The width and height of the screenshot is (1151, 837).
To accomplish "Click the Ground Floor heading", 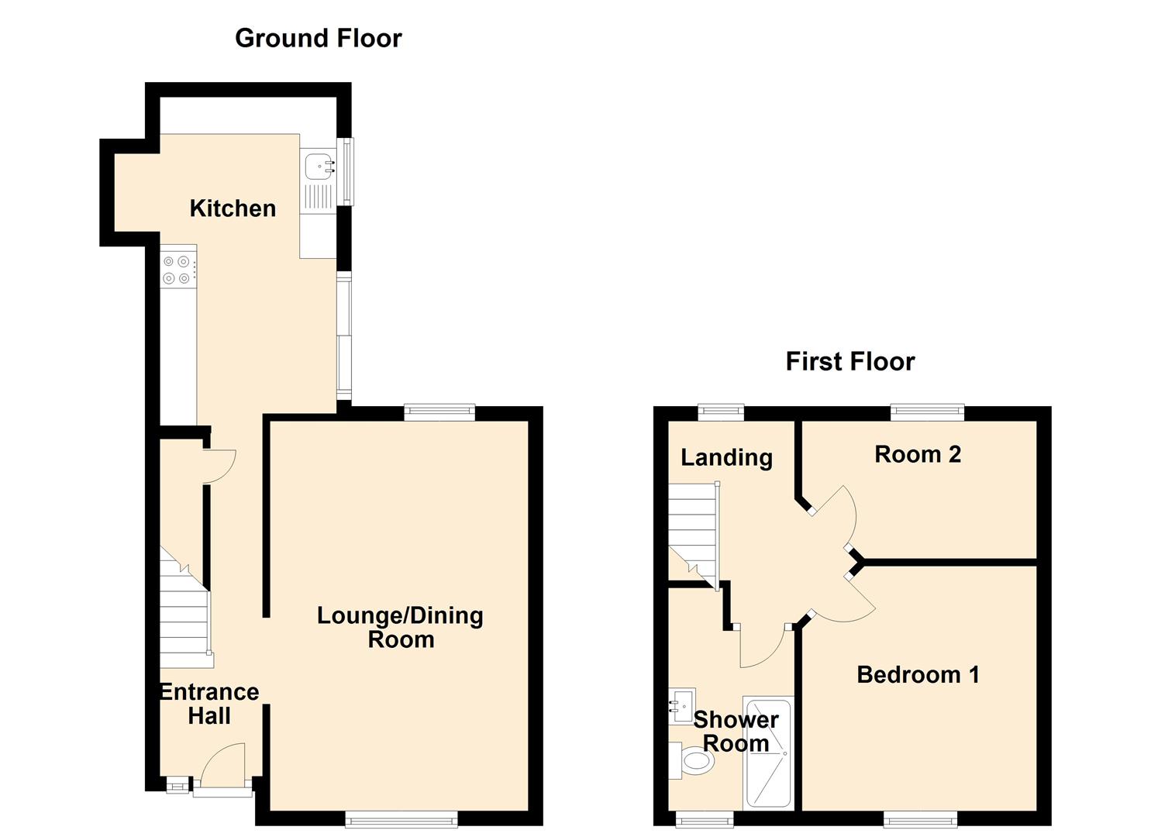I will tap(318, 38).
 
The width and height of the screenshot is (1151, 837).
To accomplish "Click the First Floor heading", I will tap(849, 361).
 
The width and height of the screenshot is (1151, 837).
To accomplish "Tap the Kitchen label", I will tap(233, 208).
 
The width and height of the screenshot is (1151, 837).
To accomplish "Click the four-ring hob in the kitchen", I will tap(177, 270).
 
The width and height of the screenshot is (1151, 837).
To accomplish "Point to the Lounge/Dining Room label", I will tap(400, 627).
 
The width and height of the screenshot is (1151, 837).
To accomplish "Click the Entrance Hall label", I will tap(209, 703).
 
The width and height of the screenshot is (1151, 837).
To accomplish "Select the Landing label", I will tap(726, 457).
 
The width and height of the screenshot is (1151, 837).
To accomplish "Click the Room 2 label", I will tap(918, 454).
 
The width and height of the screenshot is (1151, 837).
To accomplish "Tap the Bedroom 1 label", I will tap(918, 674).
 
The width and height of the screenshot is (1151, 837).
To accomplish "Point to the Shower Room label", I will tap(735, 731).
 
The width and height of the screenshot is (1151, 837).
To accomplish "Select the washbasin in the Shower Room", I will tap(682, 705).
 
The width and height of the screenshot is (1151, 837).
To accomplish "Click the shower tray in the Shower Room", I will tap(767, 753).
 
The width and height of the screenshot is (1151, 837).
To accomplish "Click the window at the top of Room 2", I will tap(927, 412).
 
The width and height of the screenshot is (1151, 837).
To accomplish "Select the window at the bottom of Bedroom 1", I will tap(920, 818).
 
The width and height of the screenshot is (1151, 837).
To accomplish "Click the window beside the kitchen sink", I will tap(348, 171).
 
